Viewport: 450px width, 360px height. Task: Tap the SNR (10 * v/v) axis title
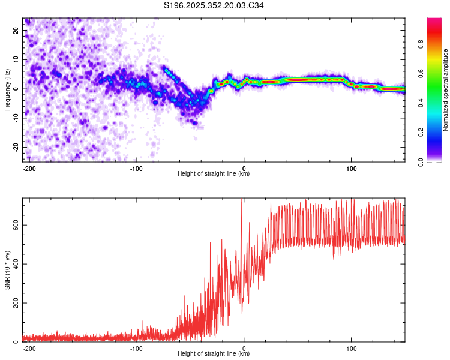pos(7,270)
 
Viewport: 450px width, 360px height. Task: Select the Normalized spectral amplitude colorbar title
pos(445,90)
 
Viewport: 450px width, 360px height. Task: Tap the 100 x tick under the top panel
pos(351,168)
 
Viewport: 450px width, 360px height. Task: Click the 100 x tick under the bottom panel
pos(351,348)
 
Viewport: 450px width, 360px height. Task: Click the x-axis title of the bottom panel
pos(214,354)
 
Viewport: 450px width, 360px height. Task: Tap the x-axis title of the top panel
pos(214,174)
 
